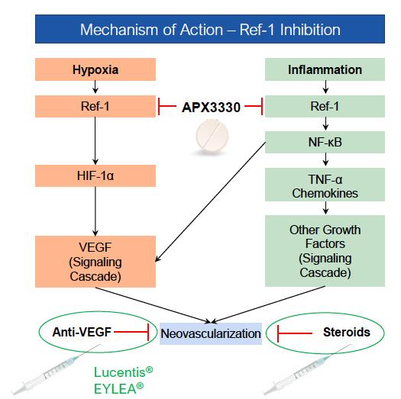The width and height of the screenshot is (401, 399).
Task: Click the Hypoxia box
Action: coord(95,69)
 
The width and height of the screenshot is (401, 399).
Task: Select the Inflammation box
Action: coord(325,69)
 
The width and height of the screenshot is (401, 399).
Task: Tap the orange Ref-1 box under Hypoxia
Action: coord(95,106)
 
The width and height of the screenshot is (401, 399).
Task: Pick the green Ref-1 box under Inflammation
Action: coord(325,106)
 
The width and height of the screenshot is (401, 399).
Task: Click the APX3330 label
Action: coord(211,108)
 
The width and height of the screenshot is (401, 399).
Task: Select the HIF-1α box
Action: coord(95,175)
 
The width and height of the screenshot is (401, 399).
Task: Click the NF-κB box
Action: coord(325,142)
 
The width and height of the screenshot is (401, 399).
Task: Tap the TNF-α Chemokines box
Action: coord(325,185)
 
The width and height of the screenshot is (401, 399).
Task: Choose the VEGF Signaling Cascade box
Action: coord(95,262)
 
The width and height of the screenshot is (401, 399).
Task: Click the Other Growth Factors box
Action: coord(325,251)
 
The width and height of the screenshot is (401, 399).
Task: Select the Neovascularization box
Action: coord(211,333)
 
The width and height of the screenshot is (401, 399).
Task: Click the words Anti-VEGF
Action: coord(82,332)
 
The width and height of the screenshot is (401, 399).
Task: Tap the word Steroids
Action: coord(347,332)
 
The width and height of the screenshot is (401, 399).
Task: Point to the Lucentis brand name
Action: coord(123,372)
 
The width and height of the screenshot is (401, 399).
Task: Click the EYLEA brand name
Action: coord(118,389)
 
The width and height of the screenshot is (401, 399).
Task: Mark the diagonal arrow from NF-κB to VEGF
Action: coord(211,202)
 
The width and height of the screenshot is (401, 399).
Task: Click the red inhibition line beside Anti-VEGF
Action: coord(131,332)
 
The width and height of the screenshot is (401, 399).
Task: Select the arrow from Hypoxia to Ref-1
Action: coord(95,87)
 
